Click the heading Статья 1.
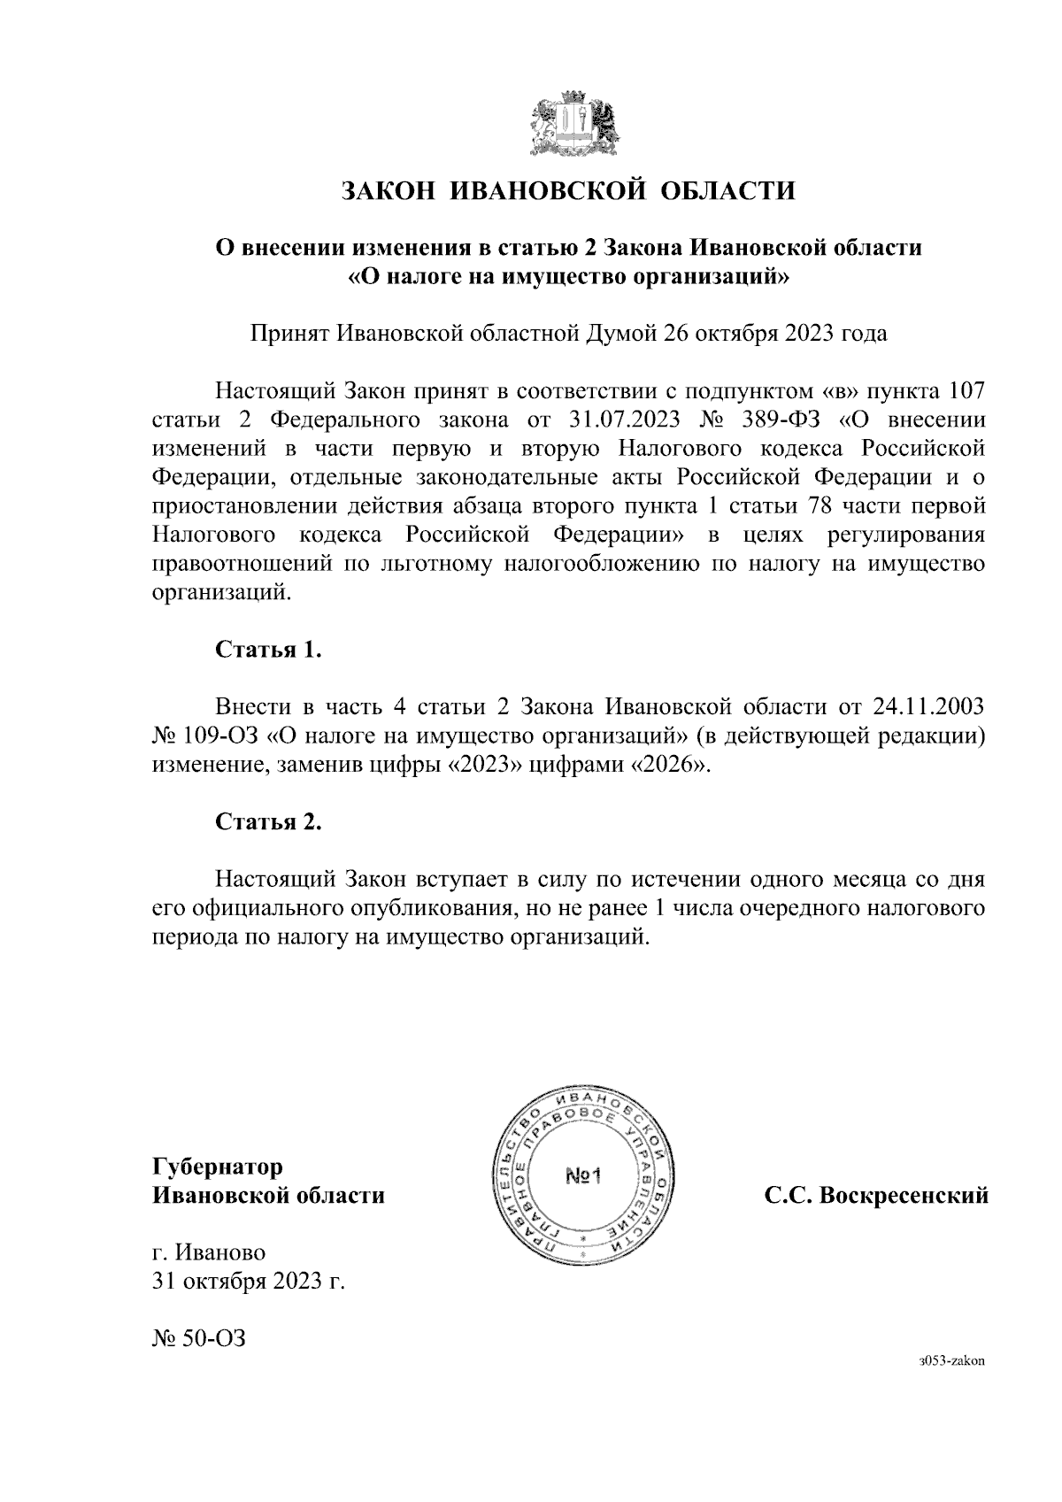point(268,650)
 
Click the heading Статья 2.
point(268,822)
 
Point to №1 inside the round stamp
point(582,1176)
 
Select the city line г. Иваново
point(208,1252)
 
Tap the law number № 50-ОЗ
point(197,1338)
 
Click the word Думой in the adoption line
point(623,334)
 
